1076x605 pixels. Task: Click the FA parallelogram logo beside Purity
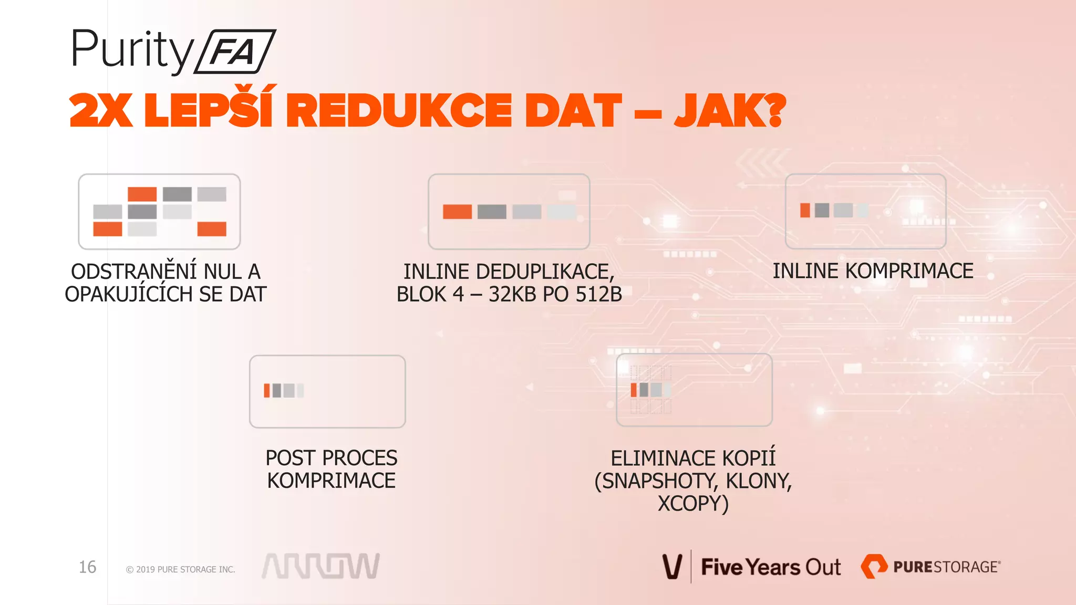235,51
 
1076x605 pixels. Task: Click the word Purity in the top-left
131,50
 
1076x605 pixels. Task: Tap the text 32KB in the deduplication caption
512,295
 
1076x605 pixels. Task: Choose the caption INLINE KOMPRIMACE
873,271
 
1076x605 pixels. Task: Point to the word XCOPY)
693,504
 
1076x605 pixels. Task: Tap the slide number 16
87,567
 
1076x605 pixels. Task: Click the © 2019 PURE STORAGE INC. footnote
180,569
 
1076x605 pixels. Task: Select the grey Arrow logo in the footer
320,566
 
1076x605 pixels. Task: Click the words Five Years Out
771,567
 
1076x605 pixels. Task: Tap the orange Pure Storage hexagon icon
873,567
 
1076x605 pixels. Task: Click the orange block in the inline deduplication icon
457,212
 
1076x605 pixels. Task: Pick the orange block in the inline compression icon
805,210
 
